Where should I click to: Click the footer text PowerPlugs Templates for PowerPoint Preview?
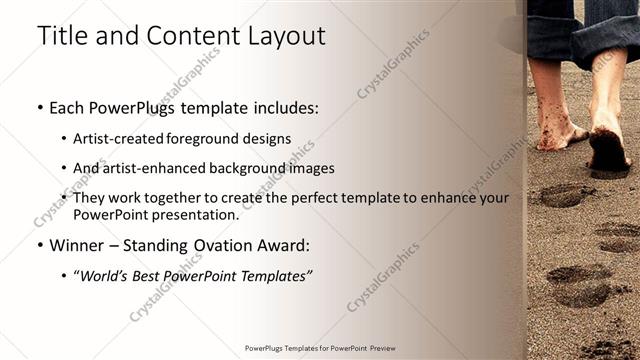(319, 349)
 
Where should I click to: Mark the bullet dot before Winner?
(39, 245)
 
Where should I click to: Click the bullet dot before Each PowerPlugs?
(39, 107)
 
